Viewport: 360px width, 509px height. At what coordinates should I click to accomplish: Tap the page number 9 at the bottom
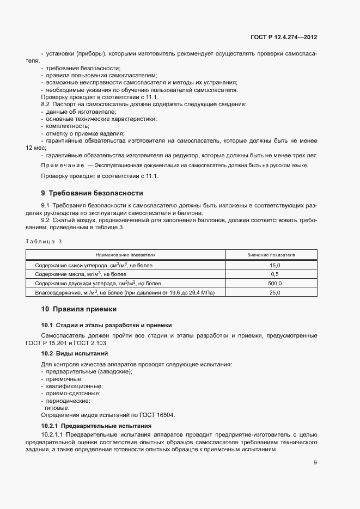click(315, 463)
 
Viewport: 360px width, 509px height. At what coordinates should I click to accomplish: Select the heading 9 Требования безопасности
click(92, 193)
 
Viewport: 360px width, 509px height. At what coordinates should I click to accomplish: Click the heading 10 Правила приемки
click(79, 309)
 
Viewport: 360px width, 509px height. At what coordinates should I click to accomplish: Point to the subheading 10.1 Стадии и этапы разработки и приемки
click(106, 325)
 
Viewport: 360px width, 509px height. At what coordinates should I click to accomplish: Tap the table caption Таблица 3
click(44, 242)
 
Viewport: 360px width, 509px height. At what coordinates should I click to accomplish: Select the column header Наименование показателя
click(126, 255)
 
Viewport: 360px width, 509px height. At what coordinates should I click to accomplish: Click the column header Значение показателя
click(271, 255)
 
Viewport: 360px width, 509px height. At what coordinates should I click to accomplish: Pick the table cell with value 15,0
click(274, 265)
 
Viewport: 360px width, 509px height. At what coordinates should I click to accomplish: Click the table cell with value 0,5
click(274, 274)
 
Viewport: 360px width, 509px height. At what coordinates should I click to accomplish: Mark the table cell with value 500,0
click(274, 284)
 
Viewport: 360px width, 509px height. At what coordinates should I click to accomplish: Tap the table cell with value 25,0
click(274, 293)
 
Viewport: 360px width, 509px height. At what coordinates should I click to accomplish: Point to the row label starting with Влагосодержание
click(125, 293)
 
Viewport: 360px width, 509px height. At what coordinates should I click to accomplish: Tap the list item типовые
click(57, 407)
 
